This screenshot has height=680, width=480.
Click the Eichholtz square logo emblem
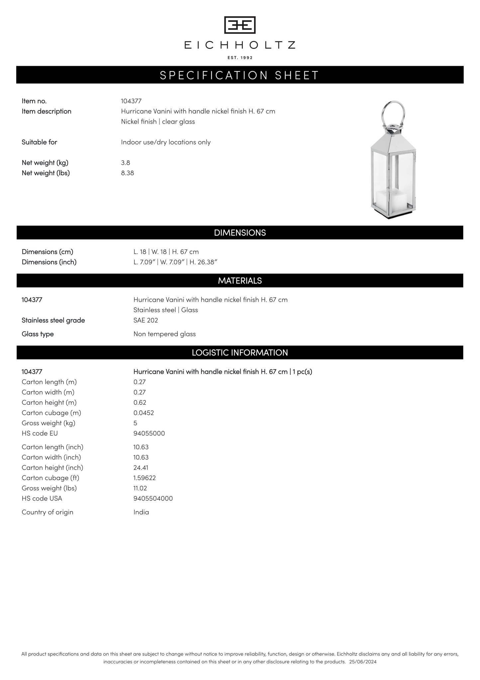240,25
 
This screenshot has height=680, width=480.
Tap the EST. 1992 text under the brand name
240,58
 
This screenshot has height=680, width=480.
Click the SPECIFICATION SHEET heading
240,75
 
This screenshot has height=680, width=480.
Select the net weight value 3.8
126,163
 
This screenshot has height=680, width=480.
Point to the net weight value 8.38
128,173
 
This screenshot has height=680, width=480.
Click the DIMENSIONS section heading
240,233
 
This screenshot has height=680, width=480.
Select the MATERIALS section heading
240,281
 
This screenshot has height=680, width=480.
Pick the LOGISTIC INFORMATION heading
240,352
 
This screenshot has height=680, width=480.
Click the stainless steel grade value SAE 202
146,320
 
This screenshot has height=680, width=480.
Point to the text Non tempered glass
164,334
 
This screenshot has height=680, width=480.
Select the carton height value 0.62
140,402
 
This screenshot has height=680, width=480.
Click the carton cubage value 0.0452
144,413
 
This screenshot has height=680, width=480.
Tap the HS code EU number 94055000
149,433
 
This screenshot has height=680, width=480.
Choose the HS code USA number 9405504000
153,498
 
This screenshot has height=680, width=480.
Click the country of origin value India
141,512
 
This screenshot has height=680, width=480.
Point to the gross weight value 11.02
140,488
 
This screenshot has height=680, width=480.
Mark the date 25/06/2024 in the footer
363,662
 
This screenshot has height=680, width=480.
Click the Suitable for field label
40,142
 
